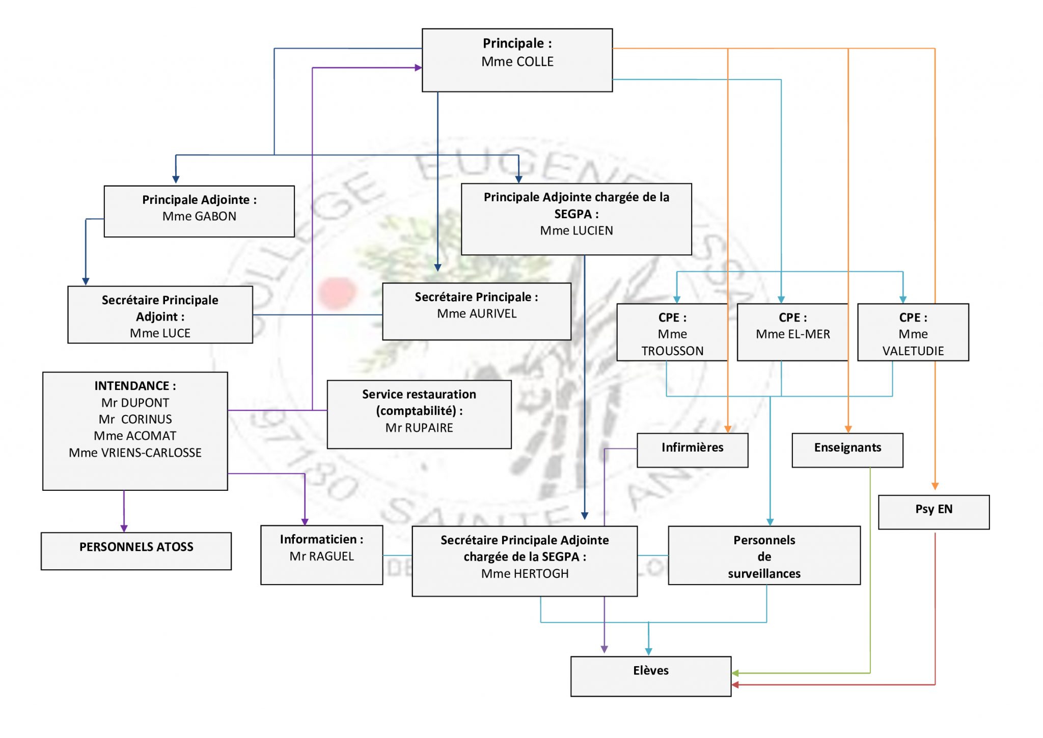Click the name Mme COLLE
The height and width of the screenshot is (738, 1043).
pyautogui.click(x=517, y=62)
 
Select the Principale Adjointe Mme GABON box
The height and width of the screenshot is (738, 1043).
pyautogui.click(x=199, y=211)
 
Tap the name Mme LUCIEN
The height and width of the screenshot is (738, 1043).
pyautogui.click(x=576, y=231)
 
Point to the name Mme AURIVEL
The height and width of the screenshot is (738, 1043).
pyautogui.click(x=477, y=314)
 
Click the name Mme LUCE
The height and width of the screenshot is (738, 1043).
pyautogui.click(x=160, y=333)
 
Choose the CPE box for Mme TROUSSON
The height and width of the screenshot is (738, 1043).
pyautogui.click(x=672, y=333)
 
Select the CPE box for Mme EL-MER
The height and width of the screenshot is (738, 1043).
pyautogui.click(x=792, y=333)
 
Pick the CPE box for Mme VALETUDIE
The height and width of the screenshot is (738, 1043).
pyautogui.click(x=913, y=333)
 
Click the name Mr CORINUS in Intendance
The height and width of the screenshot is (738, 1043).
pyautogui.click(x=135, y=419)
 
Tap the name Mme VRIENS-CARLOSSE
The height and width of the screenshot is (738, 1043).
pyautogui.click(x=135, y=453)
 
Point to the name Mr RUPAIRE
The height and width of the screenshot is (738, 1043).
pyautogui.click(x=419, y=428)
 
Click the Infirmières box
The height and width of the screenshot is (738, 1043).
pyautogui.click(x=692, y=450)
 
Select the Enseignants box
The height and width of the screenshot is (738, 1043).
pyautogui.click(x=847, y=450)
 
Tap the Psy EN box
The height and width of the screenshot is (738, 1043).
pyautogui.click(x=934, y=511)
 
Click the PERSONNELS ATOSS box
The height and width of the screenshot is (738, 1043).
pyautogui.click(x=136, y=550)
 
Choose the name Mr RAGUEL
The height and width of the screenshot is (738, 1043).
pyautogui.click(x=321, y=557)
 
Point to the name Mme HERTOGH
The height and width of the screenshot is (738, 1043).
pyautogui.click(x=525, y=574)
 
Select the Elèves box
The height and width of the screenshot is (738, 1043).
pyautogui.click(x=650, y=676)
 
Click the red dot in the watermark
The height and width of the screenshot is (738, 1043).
pyautogui.click(x=336, y=293)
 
